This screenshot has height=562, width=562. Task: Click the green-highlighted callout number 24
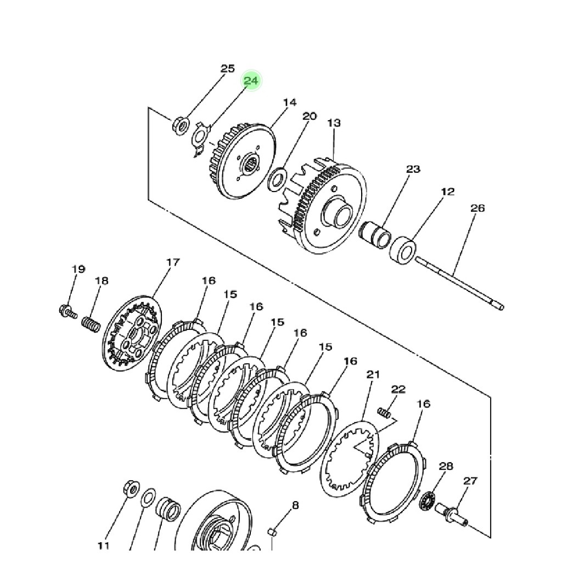click(x=251, y=80)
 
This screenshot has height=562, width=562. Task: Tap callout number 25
click(x=227, y=68)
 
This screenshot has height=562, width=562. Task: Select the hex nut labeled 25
click(x=181, y=126)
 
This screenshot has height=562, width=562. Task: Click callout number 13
click(x=334, y=123)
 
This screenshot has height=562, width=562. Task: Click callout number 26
click(x=477, y=208)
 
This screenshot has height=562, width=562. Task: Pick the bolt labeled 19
click(x=68, y=311)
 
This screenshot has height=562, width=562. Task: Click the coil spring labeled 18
click(x=91, y=324)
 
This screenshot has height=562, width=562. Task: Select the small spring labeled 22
click(x=384, y=412)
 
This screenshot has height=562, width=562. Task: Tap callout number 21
click(x=373, y=374)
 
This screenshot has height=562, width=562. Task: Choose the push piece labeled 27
click(x=452, y=514)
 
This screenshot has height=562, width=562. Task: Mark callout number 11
click(x=103, y=546)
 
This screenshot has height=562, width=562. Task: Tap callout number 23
click(x=413, y=168)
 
